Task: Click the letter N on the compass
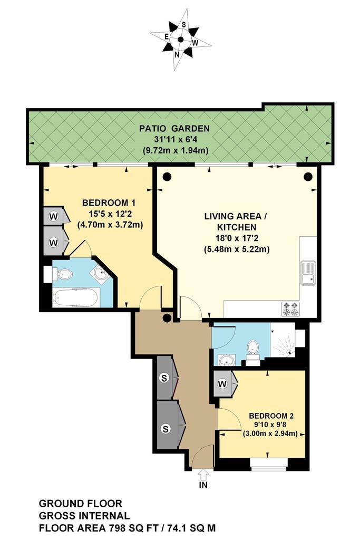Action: [177, 54]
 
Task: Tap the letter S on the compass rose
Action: [184, 24]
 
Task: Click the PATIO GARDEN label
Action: [174, 129]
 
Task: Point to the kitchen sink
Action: [308, 273]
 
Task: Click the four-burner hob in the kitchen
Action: [290, 309]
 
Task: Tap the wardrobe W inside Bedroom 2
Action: [222, 383]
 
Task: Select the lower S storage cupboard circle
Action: [166, 429]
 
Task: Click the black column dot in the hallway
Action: [167, 317]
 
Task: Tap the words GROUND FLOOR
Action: [81, 503]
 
